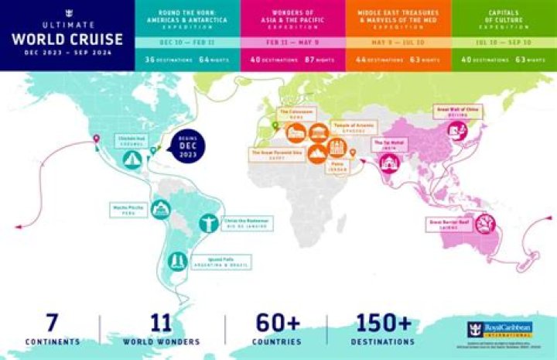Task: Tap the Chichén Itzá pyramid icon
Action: (132, 159)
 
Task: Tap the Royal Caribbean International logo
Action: (499, 330)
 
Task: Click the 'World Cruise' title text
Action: (67, 38)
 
